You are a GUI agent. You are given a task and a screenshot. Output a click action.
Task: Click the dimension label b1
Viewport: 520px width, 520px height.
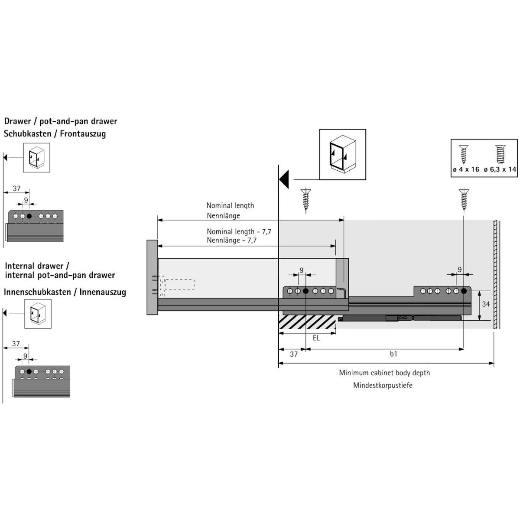point(393,354)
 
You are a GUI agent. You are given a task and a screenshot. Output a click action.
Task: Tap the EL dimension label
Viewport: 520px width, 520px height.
point(316,338)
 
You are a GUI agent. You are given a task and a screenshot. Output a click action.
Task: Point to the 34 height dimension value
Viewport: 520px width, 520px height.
point(486,304)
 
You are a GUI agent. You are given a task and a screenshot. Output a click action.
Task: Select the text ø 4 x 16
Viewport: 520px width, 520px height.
point(466,169)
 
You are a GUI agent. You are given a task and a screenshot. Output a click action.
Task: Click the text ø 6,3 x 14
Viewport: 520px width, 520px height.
point(500,169)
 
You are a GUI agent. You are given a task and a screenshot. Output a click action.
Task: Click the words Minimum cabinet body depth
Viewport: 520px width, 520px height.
point(384,373)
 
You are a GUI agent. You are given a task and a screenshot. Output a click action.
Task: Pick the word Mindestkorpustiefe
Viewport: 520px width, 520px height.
point(383,385)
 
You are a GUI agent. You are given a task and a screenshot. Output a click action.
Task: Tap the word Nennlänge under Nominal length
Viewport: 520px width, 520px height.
point(224,216)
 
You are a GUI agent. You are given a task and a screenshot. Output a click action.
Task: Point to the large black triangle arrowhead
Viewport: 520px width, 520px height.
point(284,179)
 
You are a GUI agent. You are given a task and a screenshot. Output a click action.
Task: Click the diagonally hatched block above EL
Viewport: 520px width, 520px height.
point(307,322)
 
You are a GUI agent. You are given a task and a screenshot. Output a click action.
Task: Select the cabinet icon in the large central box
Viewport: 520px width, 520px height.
point(343,154)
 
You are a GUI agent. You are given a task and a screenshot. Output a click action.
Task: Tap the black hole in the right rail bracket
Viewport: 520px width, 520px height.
point(464,291)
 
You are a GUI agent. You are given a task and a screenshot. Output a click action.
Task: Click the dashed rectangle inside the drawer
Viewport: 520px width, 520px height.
point(179,285)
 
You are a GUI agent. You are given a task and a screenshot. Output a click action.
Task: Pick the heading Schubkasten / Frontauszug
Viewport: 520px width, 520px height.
point(55,134)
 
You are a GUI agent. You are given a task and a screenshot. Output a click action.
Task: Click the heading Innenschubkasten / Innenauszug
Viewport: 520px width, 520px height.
point(65,292)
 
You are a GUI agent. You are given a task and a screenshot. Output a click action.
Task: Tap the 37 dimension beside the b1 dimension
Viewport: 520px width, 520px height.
point(294,354)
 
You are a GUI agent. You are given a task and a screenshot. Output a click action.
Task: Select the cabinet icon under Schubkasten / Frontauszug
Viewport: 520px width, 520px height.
point(36,158)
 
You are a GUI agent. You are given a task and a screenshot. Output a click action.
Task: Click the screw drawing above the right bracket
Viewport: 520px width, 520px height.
point(464,200)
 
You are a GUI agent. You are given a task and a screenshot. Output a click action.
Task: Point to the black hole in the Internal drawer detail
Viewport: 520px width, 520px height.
point(29,371)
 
